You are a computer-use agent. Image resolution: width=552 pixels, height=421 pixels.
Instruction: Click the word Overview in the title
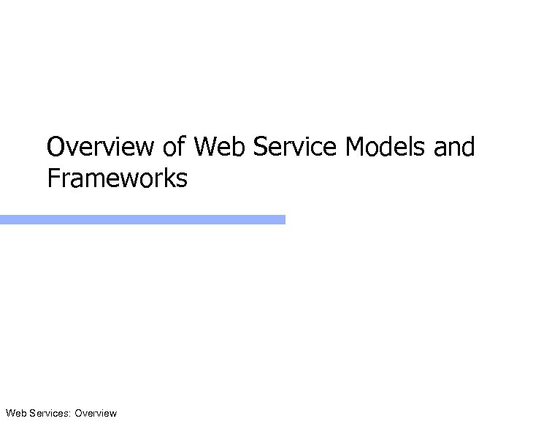101,148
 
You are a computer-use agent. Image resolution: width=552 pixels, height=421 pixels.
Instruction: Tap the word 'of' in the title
175,148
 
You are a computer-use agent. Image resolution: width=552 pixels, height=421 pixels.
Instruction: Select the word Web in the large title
218,148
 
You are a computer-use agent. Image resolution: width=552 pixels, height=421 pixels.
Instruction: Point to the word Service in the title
294,148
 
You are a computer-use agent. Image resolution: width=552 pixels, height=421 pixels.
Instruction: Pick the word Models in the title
386,148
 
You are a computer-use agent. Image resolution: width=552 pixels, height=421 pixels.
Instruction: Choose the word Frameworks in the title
117,178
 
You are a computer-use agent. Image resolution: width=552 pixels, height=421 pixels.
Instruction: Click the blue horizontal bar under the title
142,219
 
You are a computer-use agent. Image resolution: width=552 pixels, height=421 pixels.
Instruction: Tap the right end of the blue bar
283,219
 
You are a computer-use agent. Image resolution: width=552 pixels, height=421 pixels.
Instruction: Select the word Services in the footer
49,414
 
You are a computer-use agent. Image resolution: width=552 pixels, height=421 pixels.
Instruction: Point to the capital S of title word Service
259,148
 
